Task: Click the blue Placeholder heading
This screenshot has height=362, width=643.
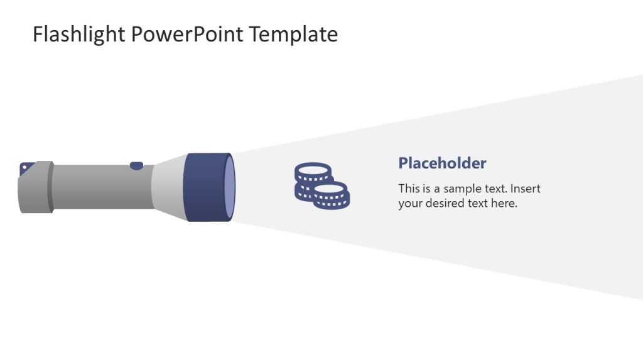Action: point(442,163)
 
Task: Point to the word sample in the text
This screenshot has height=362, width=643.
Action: point(462,189)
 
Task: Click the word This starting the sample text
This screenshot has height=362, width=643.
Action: point(409,189)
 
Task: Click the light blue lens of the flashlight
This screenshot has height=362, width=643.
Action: point(230,187)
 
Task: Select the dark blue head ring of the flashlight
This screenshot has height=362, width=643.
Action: point(205,187)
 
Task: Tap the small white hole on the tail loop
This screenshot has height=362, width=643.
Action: point(24,167)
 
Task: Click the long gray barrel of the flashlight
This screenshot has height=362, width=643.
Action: point(100,187)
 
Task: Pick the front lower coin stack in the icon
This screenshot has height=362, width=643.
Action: point(332,195)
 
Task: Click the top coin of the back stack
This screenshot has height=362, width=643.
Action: point(313,169)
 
